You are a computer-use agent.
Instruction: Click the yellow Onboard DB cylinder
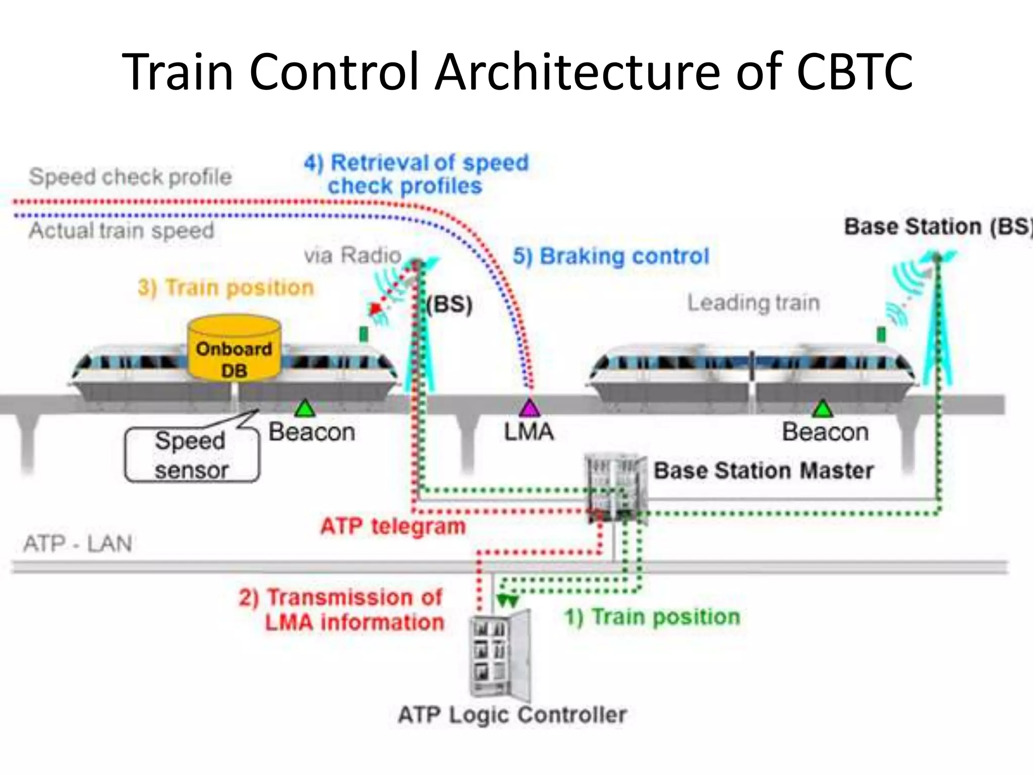click(x=234, y=349)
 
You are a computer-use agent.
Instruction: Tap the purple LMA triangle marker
click(x=529, y=408)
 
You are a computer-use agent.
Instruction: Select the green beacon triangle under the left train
click(x=305, y=409)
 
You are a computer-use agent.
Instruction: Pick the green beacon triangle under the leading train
click(x=823, y=409)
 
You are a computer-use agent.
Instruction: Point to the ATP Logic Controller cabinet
click(x=499, y=656)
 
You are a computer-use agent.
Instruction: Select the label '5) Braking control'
click(x=611, y=256)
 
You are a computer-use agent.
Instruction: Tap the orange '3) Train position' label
click(x=225, y=288)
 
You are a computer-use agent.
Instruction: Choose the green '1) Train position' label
click(x=652, y=617)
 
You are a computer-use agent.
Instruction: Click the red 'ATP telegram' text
click(x=393, y=526)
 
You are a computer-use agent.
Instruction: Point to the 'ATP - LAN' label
click(x=78, y=544)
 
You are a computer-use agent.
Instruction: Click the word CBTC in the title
click(x=854, y=72)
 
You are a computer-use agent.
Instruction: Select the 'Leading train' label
click(x=754, y=303)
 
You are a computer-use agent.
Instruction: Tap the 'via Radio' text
click(x=353, y=255)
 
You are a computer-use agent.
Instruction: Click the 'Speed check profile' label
click(x=130, y=177)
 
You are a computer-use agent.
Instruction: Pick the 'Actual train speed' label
click(x=122, y=231)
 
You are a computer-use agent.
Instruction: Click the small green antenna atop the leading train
click(x=881, y=335)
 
